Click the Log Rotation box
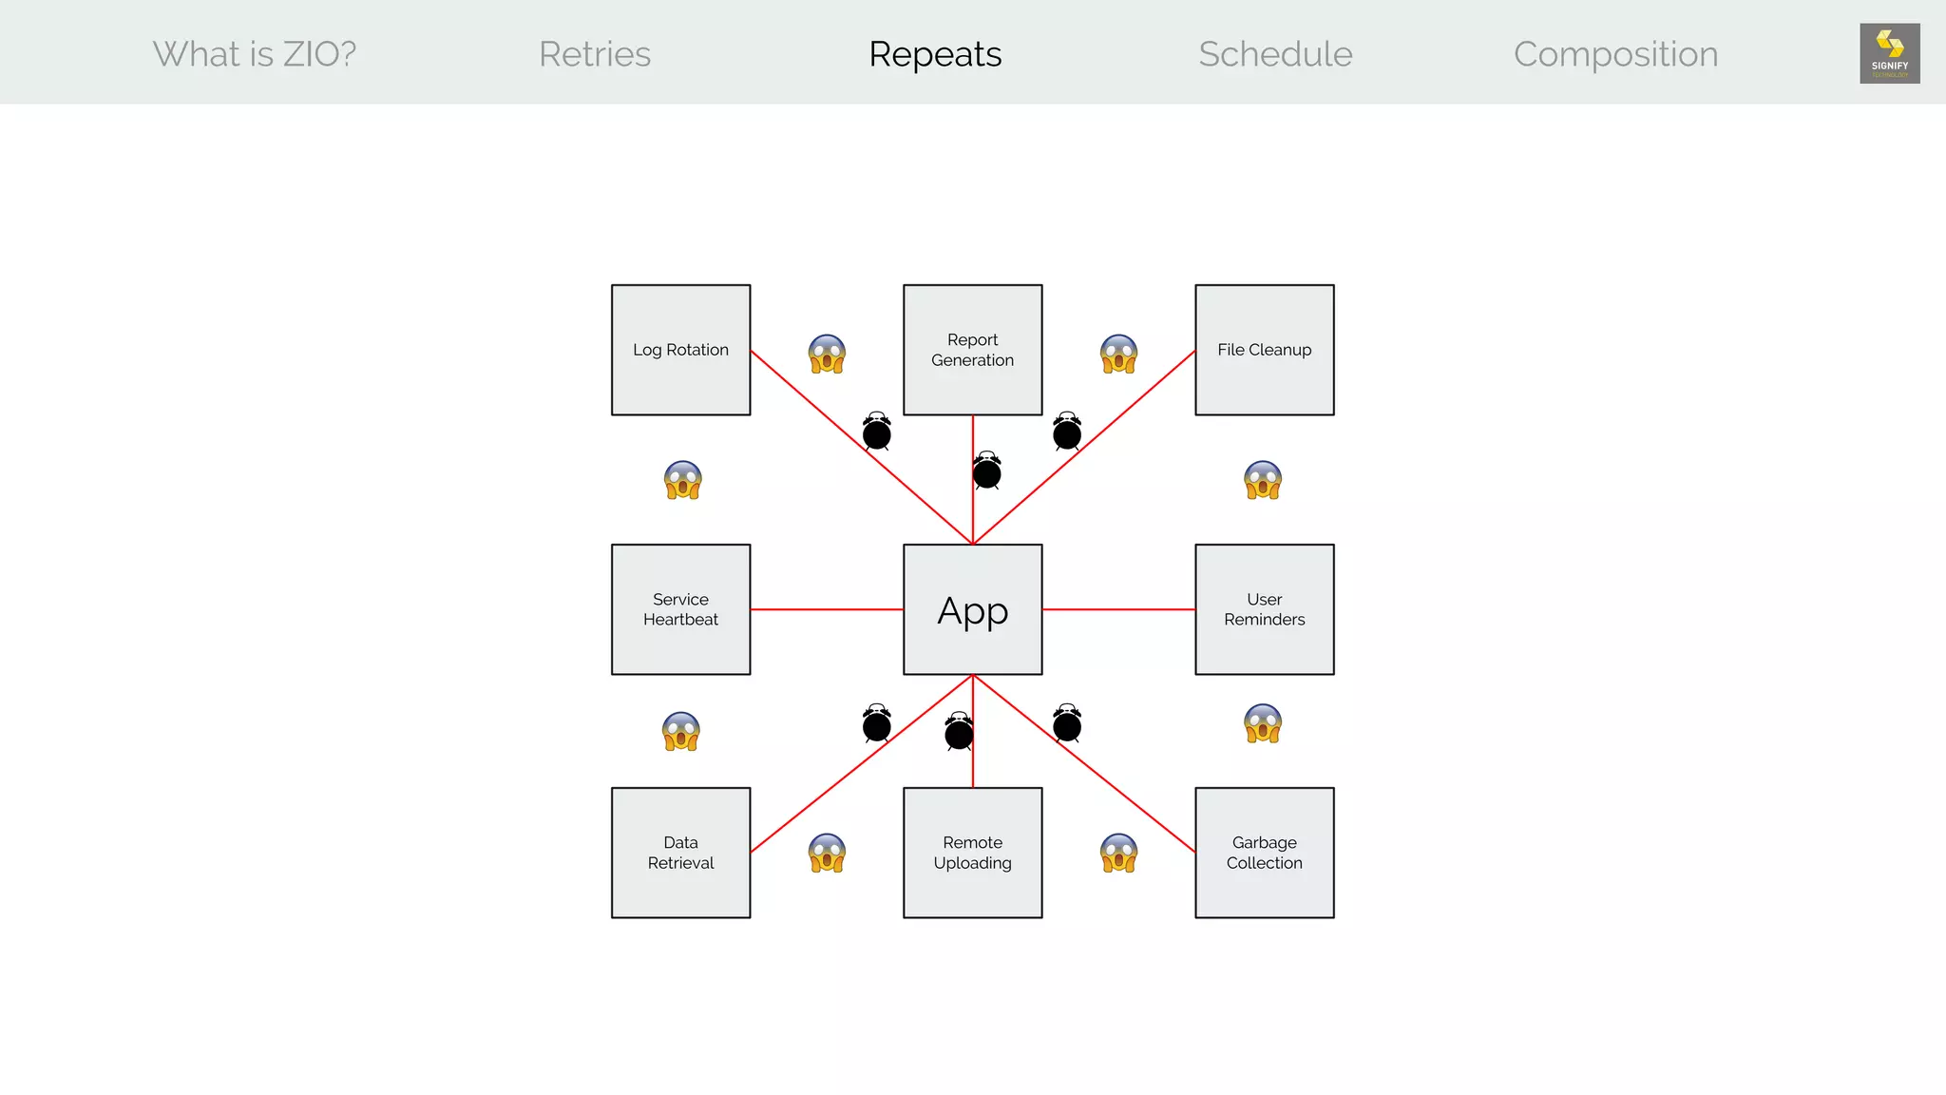pyautogui.click(x=680, y=350)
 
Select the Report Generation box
pyautogui.click(x=972, y=350)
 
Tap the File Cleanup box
pyautogui.click(x=1264, y=350)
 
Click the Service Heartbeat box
pyautogui.click(x=680, y=609)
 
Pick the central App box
pyautogui.click(x=972, y=609)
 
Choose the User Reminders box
pyautogui.click(x=1264, y=609)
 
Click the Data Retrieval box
pyautogui.click(x=680, y=853)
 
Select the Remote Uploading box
pyautogui.click(x=972, y=853)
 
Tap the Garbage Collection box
pyautogui.click(x=1264, y=853)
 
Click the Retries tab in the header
pyautogui.click(x=595, y=54)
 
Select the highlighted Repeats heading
pyautogui.click(x=935, y=54)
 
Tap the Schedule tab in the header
pyautogui.click(x=1275, y=54)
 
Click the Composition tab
pyautogui.click(x=1615, y=54)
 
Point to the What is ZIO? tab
pyautogui.click(x=255, y=54)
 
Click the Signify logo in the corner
pyautogui.click(x=1889, y=53)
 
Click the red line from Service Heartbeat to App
pyautogui.click(x=827, y=609)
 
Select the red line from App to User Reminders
pyautogui.click(x=1118, y=609)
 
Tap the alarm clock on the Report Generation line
pyautogui.click(x=987, y=471)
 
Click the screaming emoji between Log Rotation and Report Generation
pyautogui.click(x=827, y=355)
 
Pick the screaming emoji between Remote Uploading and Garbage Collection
pyautogui.click(x=1118, y=853)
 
